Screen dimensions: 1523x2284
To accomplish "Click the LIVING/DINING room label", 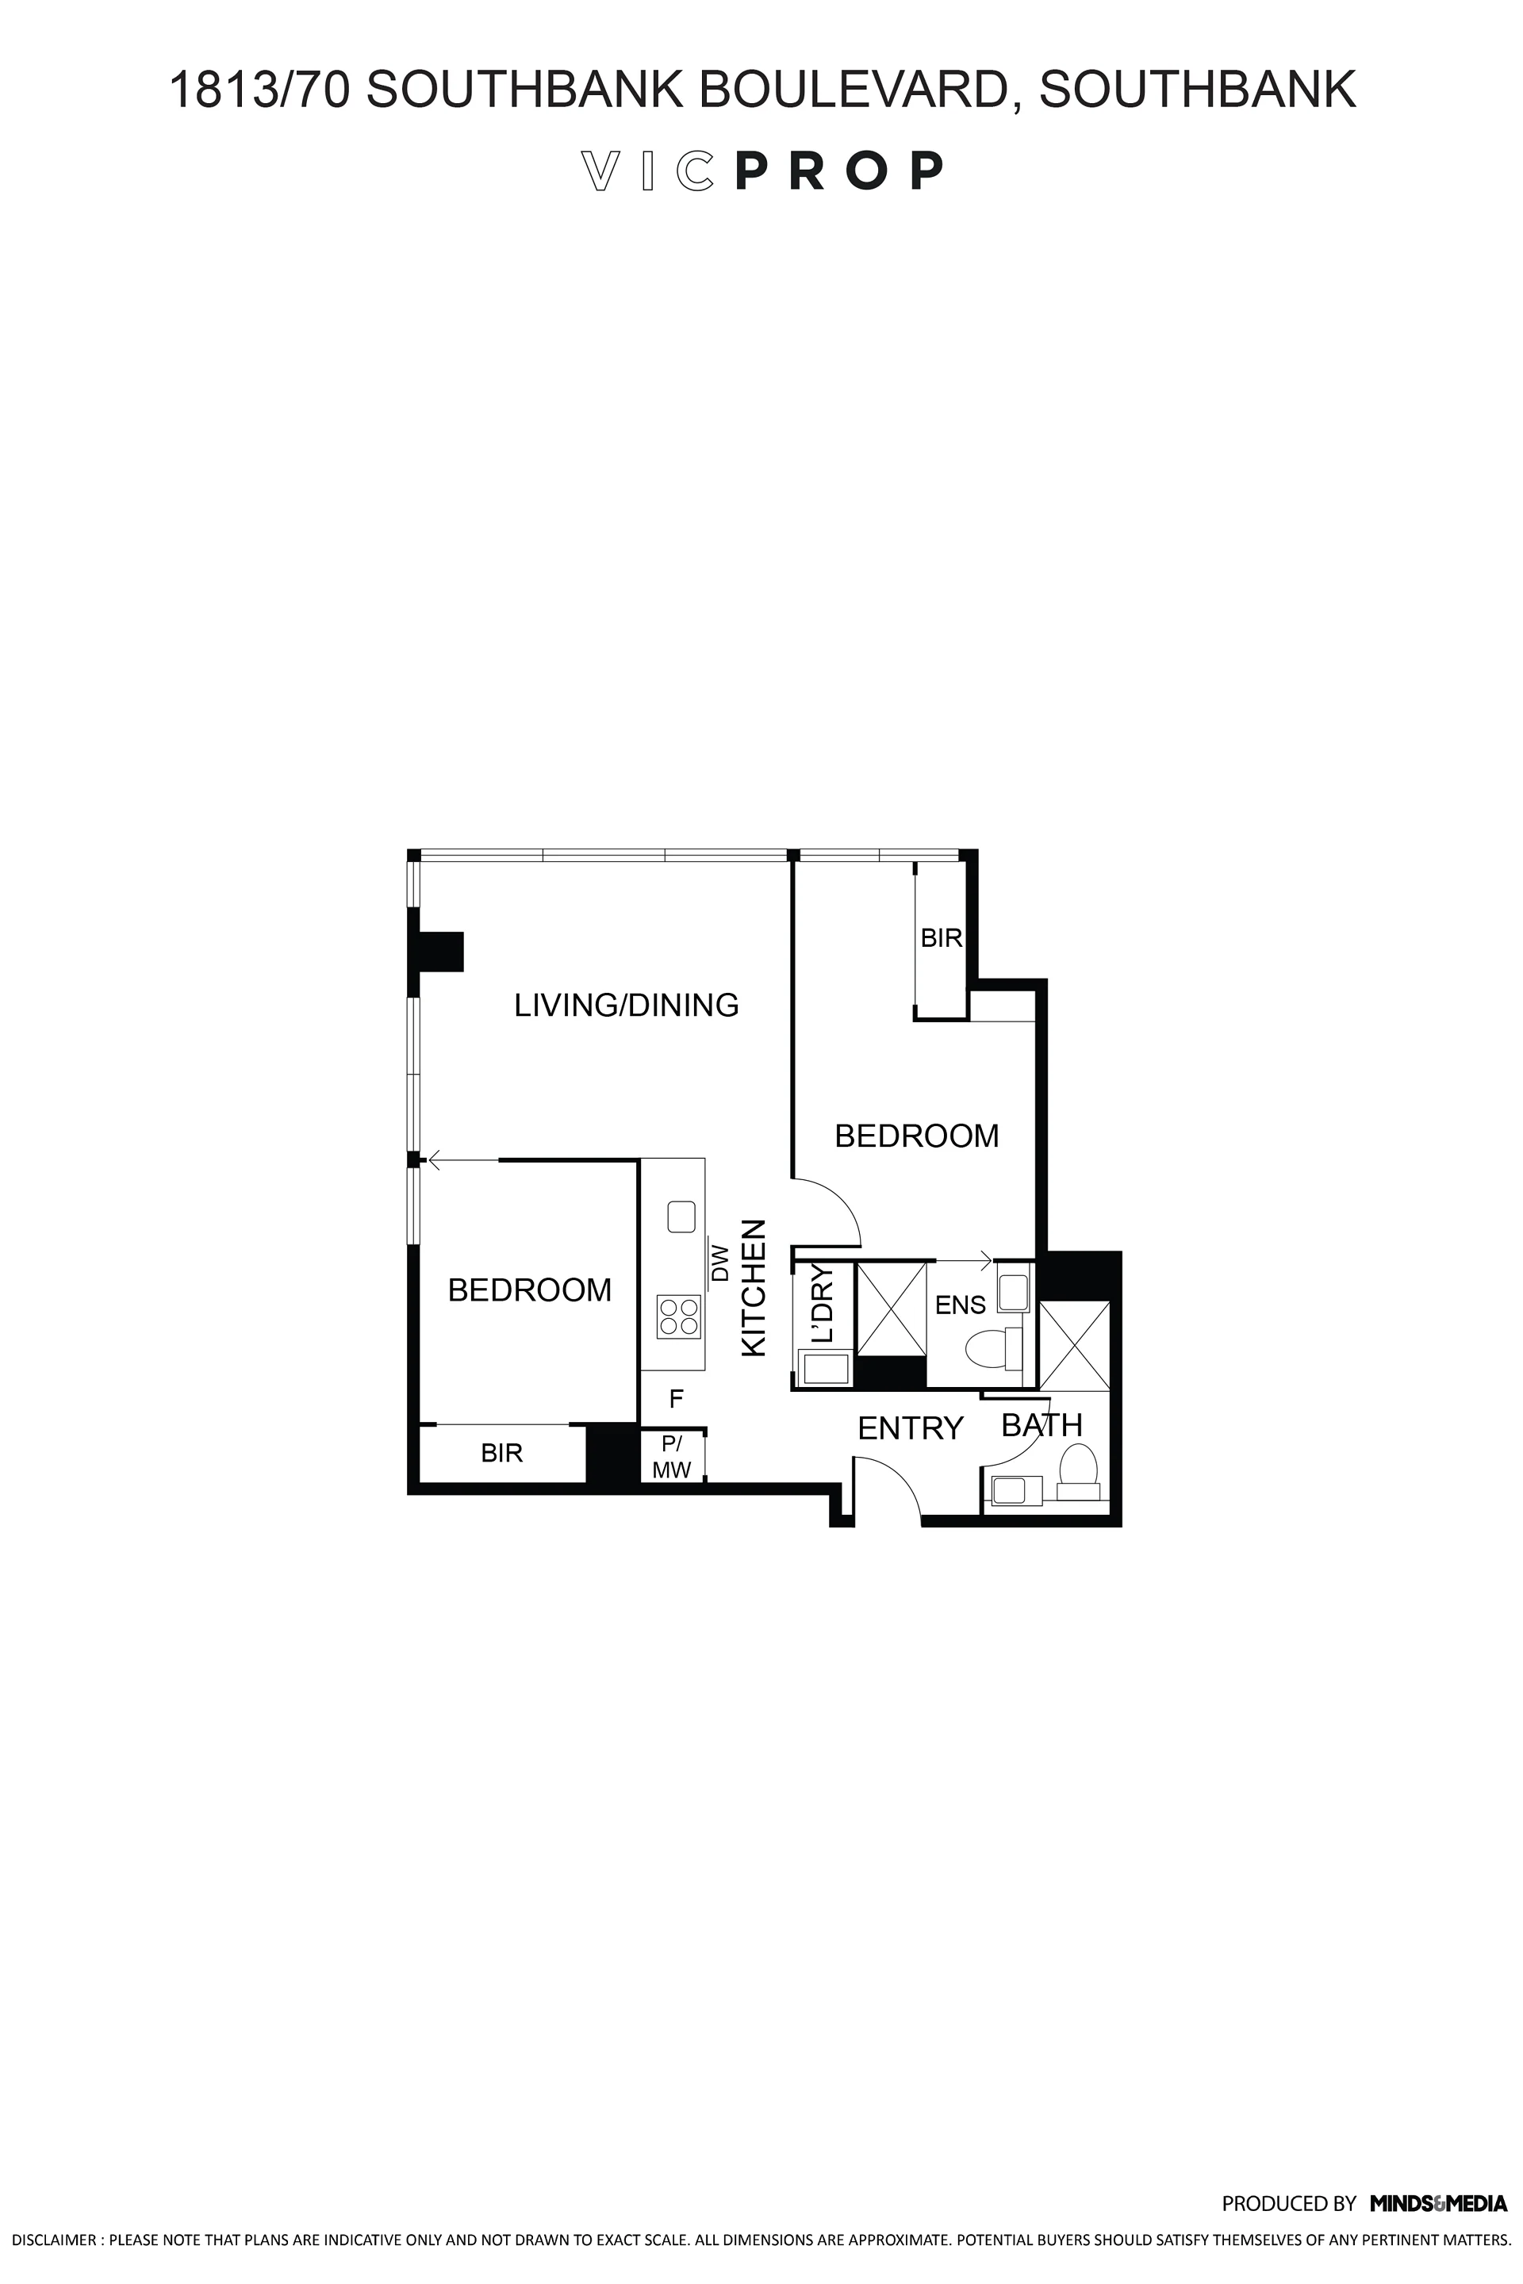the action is (x=627, y=1005).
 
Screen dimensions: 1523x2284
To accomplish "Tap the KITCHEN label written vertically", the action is (x=754, y=1288).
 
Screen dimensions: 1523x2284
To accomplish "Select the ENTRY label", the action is (x=910, y=1427).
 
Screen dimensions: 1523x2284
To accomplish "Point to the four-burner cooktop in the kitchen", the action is (x=679, y=1316).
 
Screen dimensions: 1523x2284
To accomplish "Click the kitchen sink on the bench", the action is (x=681, y=1217).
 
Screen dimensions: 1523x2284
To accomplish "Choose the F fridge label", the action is (x=676, y=1399).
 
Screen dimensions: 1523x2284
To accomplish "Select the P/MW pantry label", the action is (x=671, y=1458).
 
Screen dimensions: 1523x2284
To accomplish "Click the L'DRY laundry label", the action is (x=822, y=1303).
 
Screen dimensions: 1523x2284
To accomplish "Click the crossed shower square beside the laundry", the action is (x=891, y=1307).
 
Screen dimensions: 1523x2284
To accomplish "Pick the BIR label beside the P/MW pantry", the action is (x=502, y=1453).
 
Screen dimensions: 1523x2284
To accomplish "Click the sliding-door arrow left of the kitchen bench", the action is (x=463, y=1159).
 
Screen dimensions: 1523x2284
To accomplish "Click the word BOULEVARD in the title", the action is (x=857, y=90).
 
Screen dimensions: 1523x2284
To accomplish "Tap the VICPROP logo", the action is (x=761, y=171).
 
